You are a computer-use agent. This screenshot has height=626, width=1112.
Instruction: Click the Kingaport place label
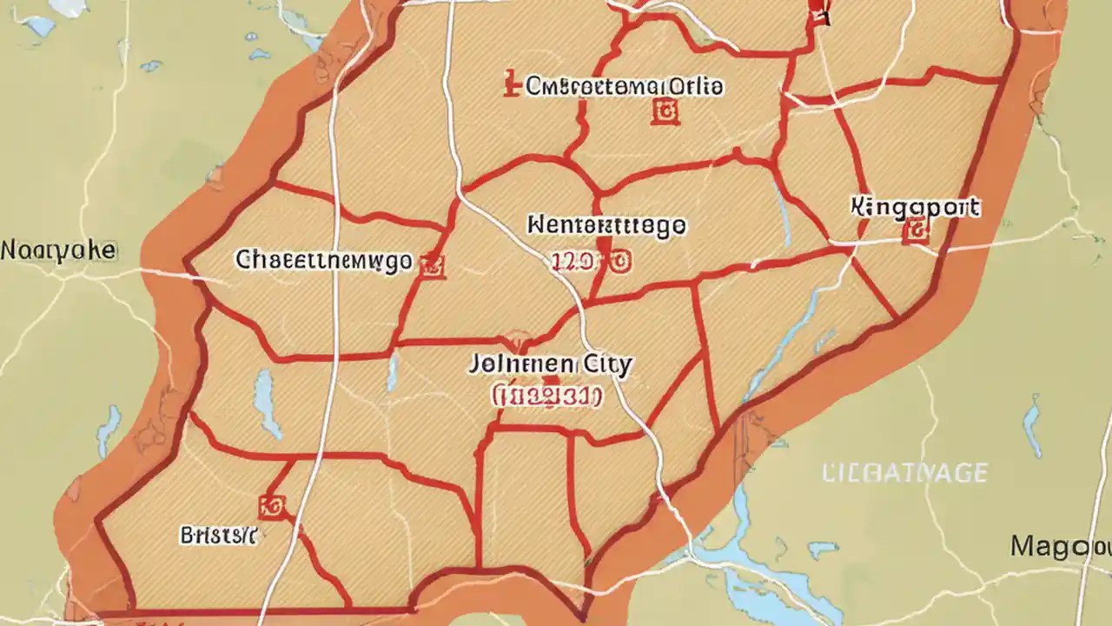[915, 208]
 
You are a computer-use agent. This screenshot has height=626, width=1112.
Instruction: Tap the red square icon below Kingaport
[916, 230]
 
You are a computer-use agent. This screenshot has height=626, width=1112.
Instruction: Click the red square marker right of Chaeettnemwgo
[432, 266]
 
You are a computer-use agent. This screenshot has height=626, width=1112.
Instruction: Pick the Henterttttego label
[606, 226]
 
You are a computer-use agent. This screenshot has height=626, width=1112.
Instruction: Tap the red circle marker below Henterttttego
[619, 262]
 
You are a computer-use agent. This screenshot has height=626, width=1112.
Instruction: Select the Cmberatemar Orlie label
[625, 87]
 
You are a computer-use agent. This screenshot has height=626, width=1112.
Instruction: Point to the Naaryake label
[57, 251]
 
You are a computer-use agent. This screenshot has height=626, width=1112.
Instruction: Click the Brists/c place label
[218, 535]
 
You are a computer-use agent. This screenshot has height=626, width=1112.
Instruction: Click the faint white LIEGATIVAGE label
[904, 473]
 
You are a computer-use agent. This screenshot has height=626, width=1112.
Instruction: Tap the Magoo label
[1061, 547]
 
